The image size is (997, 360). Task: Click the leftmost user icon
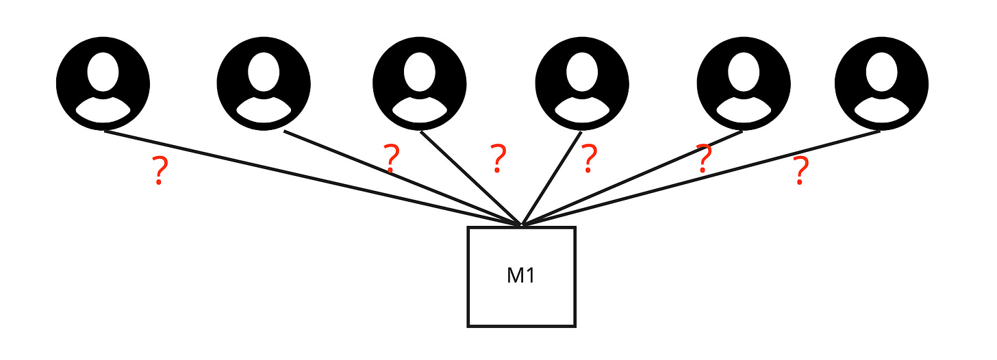[x=103, y=83]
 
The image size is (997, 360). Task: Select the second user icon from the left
[x=264, y=83]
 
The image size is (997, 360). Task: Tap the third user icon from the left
[x=420, y=83]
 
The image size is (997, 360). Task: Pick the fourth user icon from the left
[x=581, y=83]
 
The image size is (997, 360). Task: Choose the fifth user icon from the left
[x=743, y=83]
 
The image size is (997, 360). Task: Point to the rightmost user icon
[x=881, y=83]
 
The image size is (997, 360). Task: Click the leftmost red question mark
[x=159, y=171]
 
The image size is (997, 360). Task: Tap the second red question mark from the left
[x=391, y=159]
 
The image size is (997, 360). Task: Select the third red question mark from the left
[x=498, y=158]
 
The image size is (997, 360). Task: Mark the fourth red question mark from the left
[x=588, y=158]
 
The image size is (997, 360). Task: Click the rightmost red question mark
[x=799, y=171]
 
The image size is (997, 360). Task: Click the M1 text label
[x=521, y=276]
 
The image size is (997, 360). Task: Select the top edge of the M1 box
[x=493, y=228]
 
